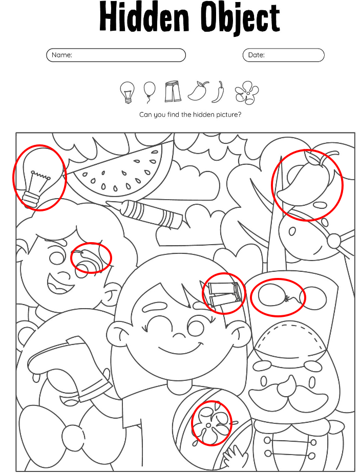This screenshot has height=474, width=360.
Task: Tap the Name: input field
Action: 116,55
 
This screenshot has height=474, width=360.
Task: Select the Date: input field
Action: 284,55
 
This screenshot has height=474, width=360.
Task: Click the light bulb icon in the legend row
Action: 127,92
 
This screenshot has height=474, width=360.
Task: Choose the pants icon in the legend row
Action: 174,91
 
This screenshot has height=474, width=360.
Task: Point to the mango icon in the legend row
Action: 199,91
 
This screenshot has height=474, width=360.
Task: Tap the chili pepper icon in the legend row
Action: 219,92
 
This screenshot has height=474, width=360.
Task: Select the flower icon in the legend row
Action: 246,93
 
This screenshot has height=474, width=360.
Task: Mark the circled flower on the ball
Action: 211,423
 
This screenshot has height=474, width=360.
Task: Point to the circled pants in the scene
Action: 224,293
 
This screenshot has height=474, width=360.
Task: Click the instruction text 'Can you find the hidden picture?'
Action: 190,115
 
